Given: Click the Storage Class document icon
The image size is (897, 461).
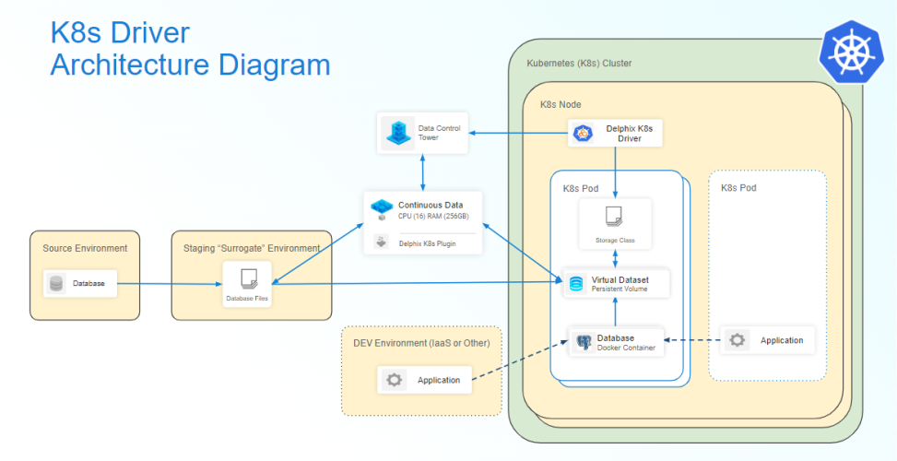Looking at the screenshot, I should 614,218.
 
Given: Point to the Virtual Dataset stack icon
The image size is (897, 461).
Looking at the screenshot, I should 576,283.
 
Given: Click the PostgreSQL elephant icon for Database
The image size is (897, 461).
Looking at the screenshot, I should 583,343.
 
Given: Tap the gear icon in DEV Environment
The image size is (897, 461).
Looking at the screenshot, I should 395,380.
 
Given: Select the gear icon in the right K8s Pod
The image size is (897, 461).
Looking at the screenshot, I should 737,340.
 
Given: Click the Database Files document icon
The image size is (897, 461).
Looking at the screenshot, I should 247,278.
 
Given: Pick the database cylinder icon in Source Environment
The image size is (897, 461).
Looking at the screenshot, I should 56,284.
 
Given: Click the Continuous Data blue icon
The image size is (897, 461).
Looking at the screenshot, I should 381,207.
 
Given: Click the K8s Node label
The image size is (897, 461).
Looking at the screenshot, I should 560,105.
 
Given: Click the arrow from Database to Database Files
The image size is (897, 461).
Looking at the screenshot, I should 171,284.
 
